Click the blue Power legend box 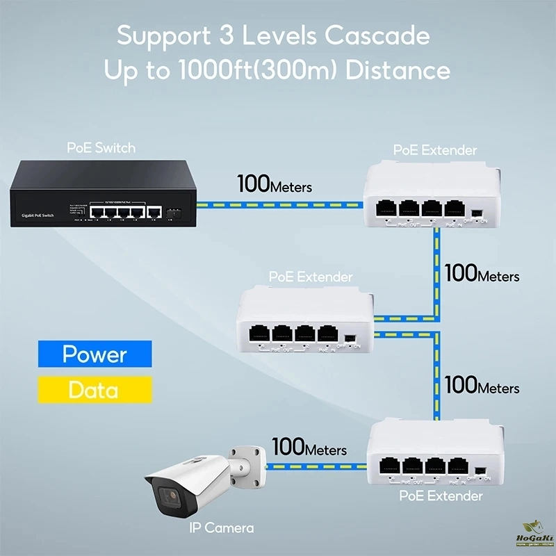point(95,354)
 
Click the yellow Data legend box point(95,390)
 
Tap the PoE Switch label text point(101,147)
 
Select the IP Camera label point(222,528)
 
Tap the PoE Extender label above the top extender point(435,149)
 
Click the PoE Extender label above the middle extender point(311,277)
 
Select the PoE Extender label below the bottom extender point(441,496)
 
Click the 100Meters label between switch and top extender point(275,186)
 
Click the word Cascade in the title point(369,35)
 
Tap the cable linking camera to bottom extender point(317,466)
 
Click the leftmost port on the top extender point(387,207)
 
